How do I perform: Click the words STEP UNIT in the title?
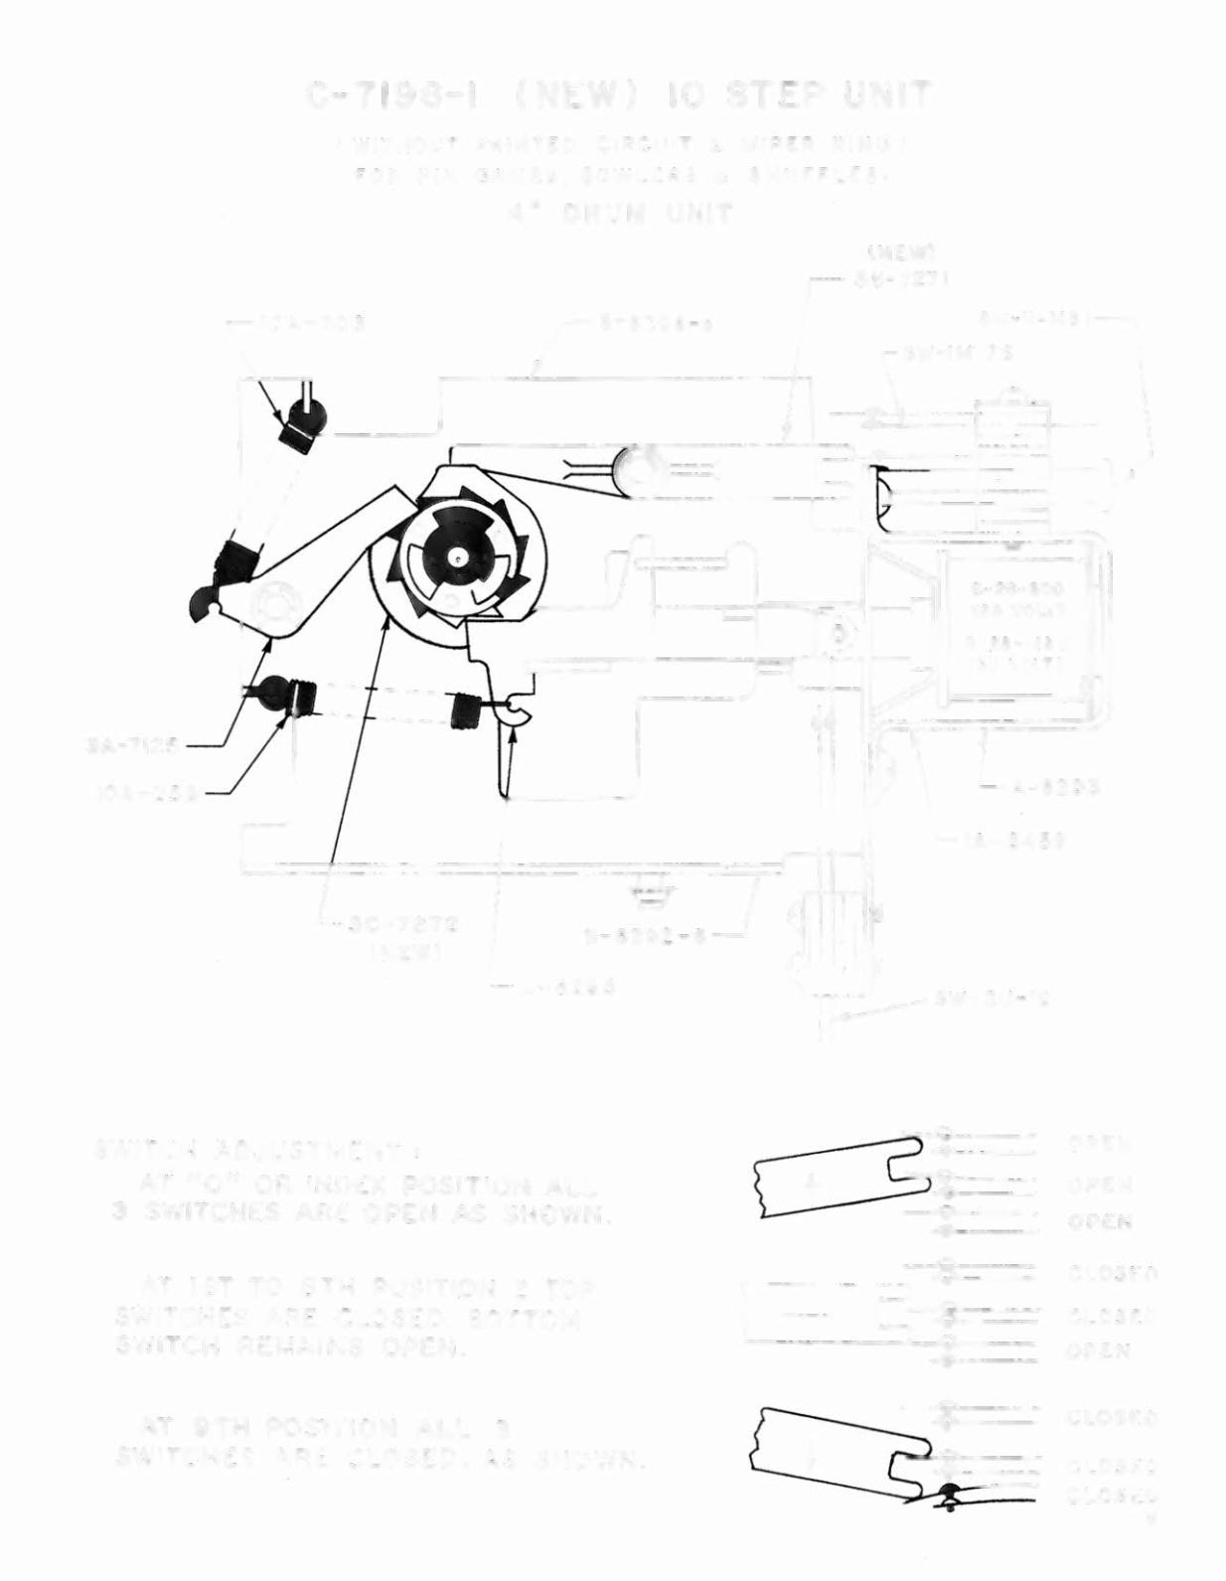tap(829, 96)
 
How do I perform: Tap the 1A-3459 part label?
tap(1014, 841)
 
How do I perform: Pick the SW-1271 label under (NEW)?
tap(900, 279)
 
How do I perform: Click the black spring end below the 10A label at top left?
tap(299, 429)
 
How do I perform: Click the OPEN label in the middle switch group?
tap(1099, 1350)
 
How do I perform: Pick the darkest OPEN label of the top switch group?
tap(1100, 1221)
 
